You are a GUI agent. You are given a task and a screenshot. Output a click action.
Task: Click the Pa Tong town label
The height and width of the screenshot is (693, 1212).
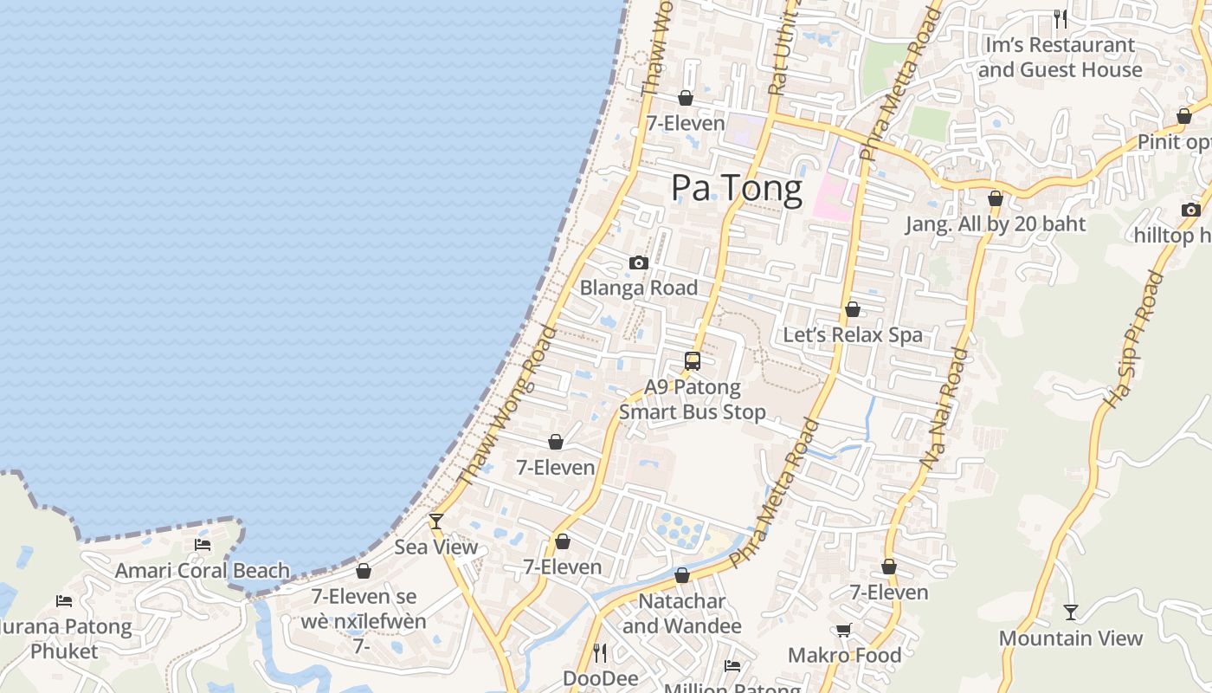coord(737,189)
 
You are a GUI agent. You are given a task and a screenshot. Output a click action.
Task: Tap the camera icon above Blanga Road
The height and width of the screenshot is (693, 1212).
coord(639,262)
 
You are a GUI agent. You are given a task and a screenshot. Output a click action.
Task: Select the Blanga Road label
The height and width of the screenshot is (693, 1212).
coord(639,288)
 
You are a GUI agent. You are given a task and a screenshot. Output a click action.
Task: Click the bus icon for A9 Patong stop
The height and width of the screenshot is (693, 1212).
coord(693,361)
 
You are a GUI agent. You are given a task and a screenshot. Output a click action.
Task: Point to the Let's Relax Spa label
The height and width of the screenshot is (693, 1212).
coord(853,334)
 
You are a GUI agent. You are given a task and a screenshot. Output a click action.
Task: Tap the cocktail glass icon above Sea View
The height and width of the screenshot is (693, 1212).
coord(436,521)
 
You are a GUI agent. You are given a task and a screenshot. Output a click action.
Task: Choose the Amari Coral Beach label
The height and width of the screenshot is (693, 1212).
coord(203,570)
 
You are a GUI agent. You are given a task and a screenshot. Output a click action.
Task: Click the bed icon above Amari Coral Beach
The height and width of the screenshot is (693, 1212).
coord(203,545)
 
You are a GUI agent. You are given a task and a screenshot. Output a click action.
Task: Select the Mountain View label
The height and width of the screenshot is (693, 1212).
coord(1071,638)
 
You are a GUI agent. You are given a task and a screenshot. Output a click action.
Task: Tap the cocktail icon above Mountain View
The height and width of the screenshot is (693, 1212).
coord(1071,612)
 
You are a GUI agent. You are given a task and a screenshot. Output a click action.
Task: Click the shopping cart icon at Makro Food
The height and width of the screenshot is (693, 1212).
coord(844,630)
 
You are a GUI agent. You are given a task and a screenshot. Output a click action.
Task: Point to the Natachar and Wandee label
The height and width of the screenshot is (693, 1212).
coord(682,613)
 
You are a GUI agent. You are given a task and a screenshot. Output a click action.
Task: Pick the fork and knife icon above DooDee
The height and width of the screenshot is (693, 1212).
coord(600,652)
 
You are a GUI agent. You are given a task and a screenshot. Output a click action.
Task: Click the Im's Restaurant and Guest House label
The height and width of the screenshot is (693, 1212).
coord(1060,57)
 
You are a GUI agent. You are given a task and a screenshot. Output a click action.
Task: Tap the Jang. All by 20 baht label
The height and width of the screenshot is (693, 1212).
coord(996,224)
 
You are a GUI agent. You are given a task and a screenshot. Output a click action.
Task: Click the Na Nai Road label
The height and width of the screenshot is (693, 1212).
coord(944,408)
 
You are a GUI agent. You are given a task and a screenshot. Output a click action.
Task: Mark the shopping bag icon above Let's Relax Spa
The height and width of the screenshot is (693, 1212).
coord(853,309)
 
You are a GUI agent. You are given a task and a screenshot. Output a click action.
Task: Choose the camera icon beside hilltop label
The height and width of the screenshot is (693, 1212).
coord(1190,210)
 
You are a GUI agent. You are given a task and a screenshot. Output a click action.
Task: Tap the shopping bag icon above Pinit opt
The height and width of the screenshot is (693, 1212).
coord(1184,116)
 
